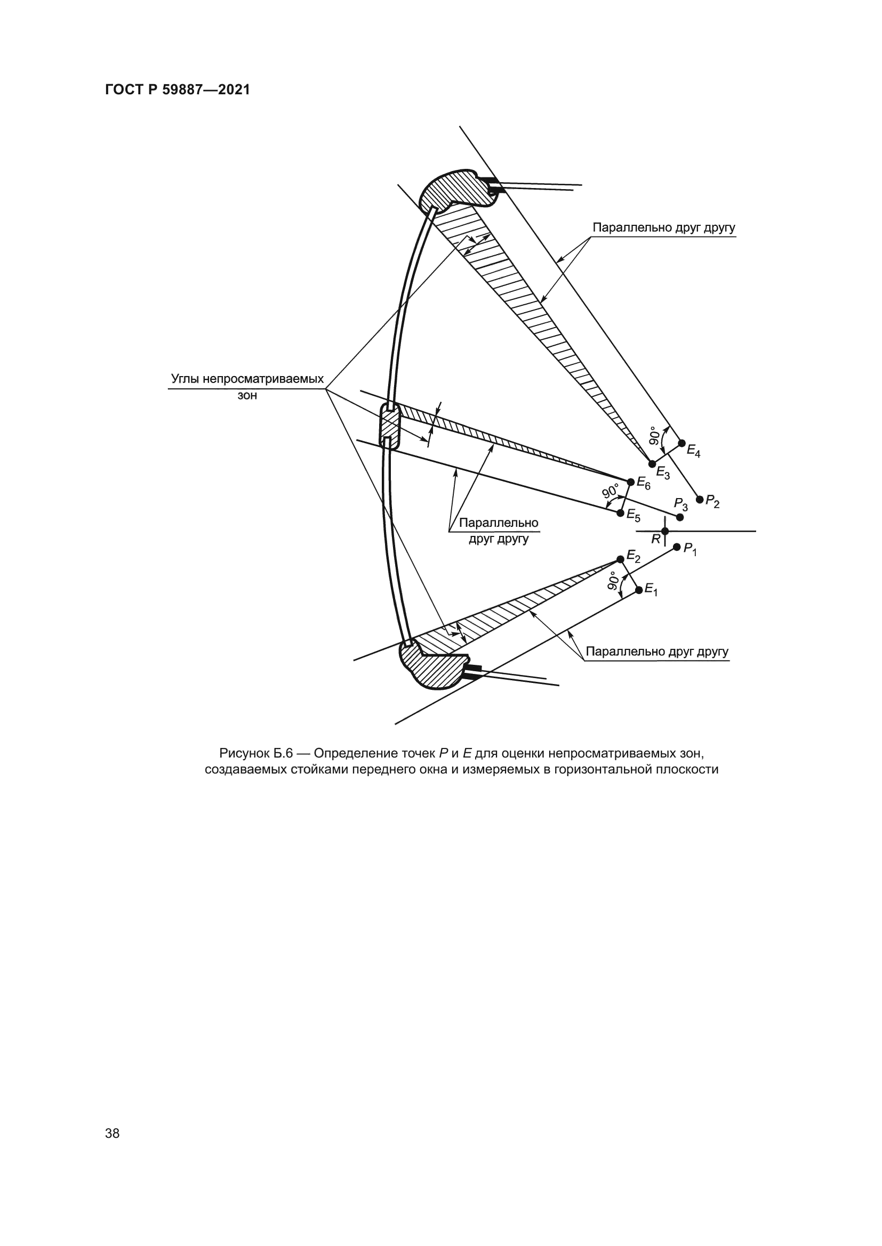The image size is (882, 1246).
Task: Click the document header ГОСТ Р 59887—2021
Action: pos(178,90)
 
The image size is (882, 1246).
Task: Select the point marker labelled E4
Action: pos(682,443)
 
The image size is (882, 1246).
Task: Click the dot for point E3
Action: pos(652,464)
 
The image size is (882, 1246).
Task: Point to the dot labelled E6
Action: pos(630,482)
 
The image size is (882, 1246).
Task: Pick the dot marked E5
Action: pos(620,512)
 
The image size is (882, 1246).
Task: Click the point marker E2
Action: pos(620,559)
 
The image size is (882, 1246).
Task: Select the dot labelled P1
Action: pos(677,547)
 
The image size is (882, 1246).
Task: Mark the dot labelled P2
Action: pos(700,499)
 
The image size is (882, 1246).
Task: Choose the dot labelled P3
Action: pos(679,517)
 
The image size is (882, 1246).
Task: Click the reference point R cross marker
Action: pos(665,531)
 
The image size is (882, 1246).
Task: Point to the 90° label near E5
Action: pos(611,491)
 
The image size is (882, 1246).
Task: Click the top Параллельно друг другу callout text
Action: pos(664,227)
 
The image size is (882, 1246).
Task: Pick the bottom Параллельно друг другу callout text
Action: pos(657,651)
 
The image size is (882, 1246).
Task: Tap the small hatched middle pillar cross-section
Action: pos(389,426)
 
